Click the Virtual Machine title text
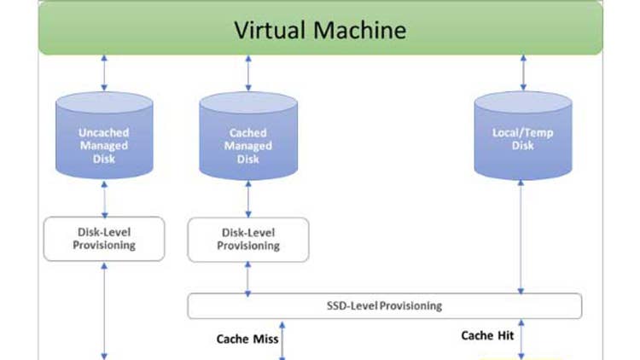pos(321,30)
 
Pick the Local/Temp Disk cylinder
pos(523,136)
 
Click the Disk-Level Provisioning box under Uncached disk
pos(104,239)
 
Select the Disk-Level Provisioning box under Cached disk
pos(247,239)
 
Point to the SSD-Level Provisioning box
pos(384,305)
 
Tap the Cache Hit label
pos(487,335)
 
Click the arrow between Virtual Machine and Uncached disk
pos(104,73)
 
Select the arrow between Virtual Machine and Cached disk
pos(248,73)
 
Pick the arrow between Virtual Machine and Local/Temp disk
pos(523,73)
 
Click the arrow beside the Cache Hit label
pos(523,340)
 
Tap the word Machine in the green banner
pos(358,30)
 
